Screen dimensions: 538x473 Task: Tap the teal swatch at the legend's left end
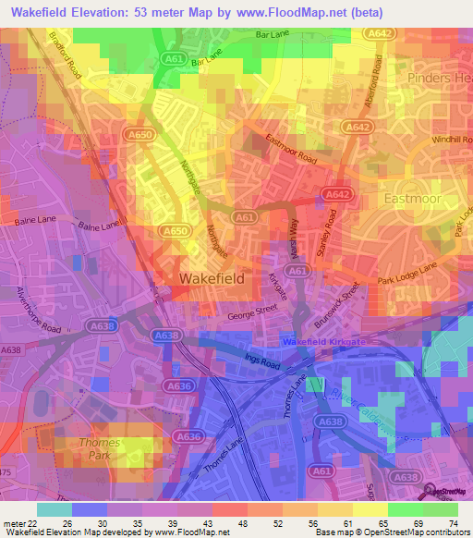54,509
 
